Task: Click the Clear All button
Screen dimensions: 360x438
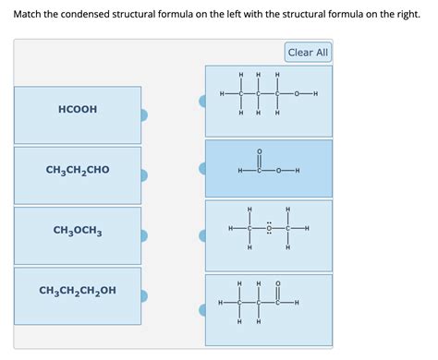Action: pyautogui.click(x=308, y=53)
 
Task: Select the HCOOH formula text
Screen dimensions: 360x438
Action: pyautogui.click(x=78, y=109)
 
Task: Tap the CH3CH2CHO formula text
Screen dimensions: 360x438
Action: pyautogui.click(x=78, y=170)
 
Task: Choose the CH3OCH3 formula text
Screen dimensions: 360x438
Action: pyautogui.click(x=78, y=230)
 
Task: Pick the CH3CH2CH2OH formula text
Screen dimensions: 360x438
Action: pyautogui.click(x=78, y=291)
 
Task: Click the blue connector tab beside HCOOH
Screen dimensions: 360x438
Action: pyautogui.click(x=144, y=115)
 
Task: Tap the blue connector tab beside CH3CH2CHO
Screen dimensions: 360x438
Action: pyautogui.click(x=144, y=175)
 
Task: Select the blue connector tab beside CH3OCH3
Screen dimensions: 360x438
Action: pyautogui.click(x=144, y=236)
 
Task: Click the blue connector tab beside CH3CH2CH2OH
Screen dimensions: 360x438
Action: pyautogui.click(x=144, y=296)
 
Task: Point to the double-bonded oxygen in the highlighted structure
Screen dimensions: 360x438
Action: pyautogui.click(x=259, y=151)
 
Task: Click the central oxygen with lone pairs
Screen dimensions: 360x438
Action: pyautogui.click(x=268, y=229)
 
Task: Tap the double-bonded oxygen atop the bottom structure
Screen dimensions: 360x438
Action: pyautogui.click(x=278, y=283)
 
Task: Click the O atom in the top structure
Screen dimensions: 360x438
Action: pyautogui.click(x=297, y=94)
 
